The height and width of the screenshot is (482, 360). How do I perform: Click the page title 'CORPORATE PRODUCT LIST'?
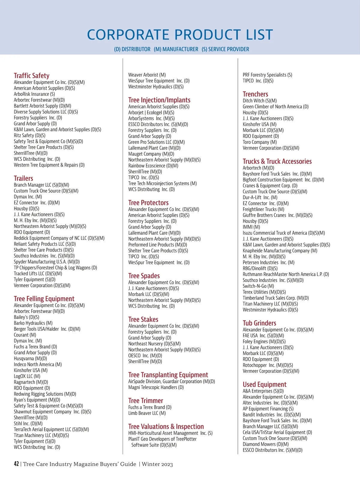[x=180, y=35]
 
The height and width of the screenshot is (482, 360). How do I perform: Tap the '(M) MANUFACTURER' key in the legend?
[x=176, y=49]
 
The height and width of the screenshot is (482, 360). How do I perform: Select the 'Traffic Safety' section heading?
[x=31, y=76]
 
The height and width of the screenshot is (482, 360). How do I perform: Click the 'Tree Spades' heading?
[x=144, y=276]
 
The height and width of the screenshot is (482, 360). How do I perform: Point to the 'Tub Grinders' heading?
[x=259, y=323]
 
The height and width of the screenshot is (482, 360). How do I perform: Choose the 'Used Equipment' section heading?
[x=265, y=384]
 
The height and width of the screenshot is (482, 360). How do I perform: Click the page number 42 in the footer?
[x=16, y=464]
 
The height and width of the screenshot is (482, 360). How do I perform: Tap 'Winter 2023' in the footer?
[x=157, y=464]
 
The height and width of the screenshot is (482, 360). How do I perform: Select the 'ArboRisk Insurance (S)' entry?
[x=34, y=94]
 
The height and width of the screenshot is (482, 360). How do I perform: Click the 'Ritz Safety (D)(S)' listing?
[x=30, y=135]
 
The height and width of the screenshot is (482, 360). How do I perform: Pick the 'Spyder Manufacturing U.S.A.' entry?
[x=46, y=262]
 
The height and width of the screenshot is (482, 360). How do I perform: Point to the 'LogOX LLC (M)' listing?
[x=27, y=376]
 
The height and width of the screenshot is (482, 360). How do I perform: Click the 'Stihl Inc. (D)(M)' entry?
[x=28, y=423]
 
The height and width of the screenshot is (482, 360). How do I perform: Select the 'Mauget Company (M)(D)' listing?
[x=149, y=154]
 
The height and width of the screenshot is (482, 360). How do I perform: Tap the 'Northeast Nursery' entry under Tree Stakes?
[x=154, y=344]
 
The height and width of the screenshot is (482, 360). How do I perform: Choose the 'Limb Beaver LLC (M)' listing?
[x=147, y=413]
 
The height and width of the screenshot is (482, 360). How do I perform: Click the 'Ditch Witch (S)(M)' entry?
[x=260, y=101]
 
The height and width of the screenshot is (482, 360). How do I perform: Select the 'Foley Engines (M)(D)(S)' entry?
[x=264, y=342]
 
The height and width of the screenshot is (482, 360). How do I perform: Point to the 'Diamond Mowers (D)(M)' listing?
[x=266, y=444]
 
